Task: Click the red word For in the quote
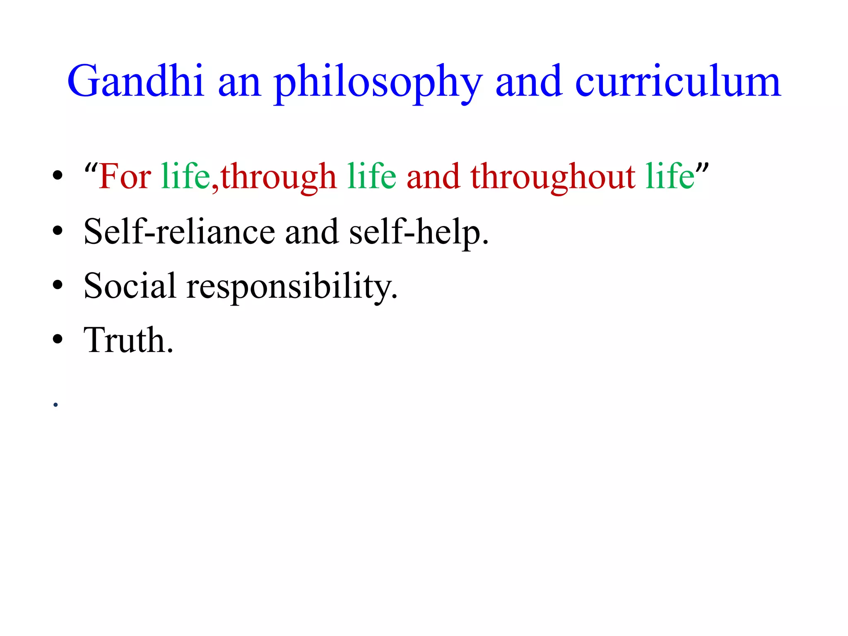pyautogui.click(x=125, y=176)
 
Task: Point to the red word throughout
pyautogui.click(x=552, y=177)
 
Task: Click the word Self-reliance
pyautogui.click(x=179, y=231)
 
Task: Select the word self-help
pyautogui.click(x=419, y=232)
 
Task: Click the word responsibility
pyautogui.click(x=292, y=287)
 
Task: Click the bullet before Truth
pyautogui.click(x=58, y=339)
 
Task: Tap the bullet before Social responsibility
pyautogui.click(x=58, y=285)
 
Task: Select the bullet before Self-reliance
pyautogui.click(x=58, y=231)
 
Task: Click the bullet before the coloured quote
pyautogui.click(x=58, y=176)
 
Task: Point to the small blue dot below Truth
pyautogui.click(x=55, y=405)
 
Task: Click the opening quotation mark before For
pyautogui.click(x=91, y=168)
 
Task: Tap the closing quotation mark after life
pyautogui.click(x=702, y=168)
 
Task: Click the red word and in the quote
pyautogui.click(x=433, y=177)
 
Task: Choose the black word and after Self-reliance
pyautogui.click(x=311, y=231)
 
